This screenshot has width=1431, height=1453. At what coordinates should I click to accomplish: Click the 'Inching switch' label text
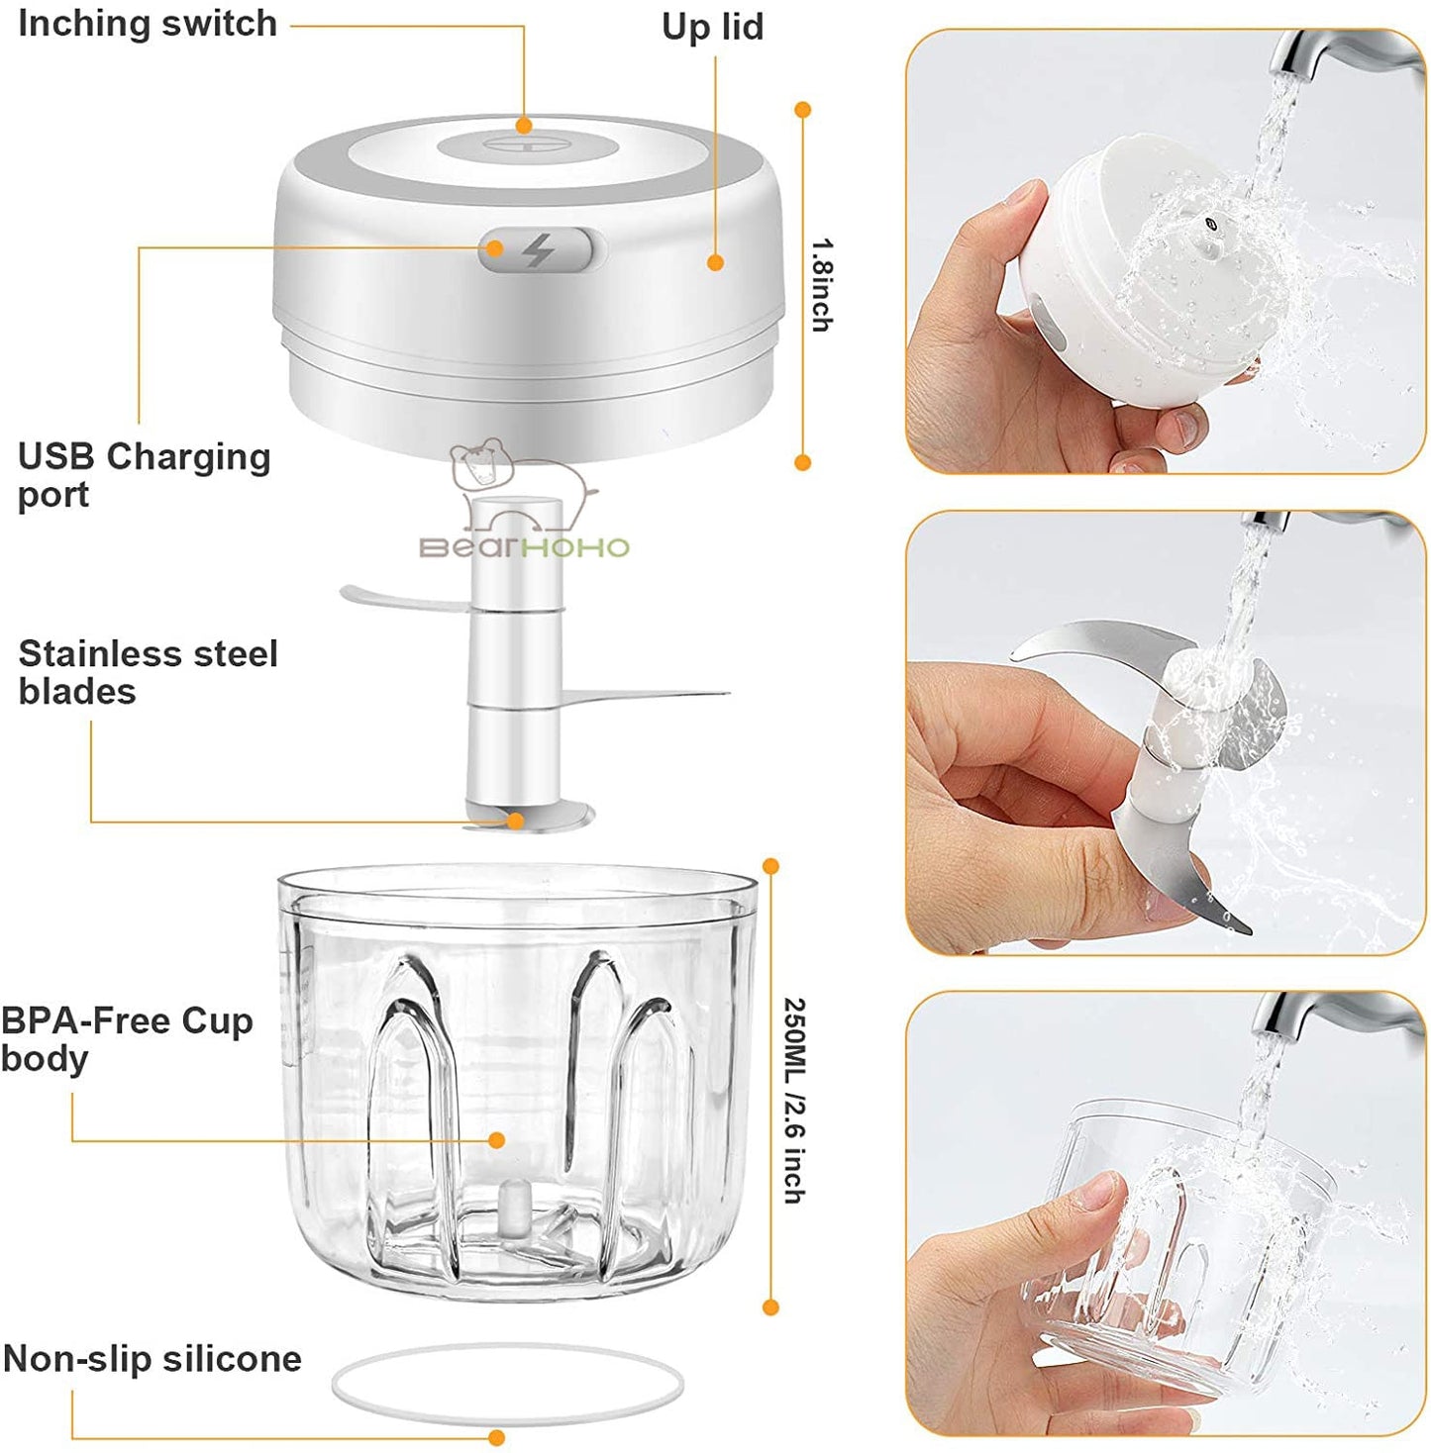tap(148, 23)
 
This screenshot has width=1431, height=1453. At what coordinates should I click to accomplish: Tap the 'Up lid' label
tap(712, 27)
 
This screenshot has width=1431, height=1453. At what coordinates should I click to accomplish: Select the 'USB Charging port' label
tap(144, 475)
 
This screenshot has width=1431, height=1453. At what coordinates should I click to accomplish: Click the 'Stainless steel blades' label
tap(148, 672)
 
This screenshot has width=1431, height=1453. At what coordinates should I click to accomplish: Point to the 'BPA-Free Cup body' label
tap(127, 1039)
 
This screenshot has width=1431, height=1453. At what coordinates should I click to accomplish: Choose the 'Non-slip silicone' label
tap(153, 1359)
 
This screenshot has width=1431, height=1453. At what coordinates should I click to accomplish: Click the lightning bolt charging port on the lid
tap(538, 250)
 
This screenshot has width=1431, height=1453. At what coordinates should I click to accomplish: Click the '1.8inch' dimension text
tap(822, 284)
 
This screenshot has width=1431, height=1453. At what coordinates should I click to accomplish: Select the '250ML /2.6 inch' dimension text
tap(794, 1099)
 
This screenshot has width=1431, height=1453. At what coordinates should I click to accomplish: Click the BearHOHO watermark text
tap(524, 547)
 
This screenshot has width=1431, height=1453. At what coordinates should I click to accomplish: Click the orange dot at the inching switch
tap(524, 126)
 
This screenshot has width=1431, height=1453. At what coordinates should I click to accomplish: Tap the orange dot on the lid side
tap(715, 262)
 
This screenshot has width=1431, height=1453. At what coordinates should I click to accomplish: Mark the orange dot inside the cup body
tap(497, 1140)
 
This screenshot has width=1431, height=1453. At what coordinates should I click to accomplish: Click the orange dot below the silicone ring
tap(497, 1437)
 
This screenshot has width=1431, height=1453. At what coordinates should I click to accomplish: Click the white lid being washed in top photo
tap(1139, 267)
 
